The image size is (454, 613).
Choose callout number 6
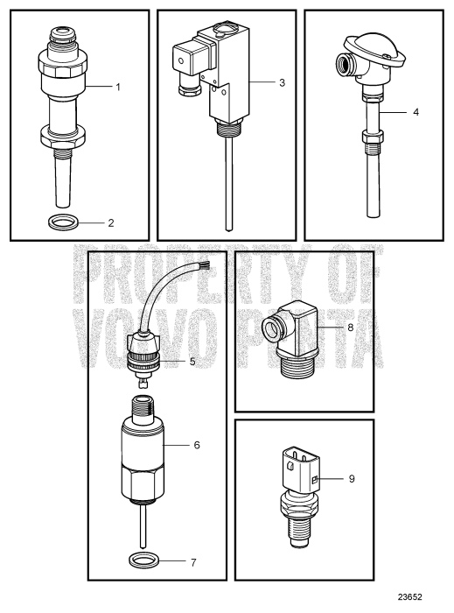click(x=197, y=445)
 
